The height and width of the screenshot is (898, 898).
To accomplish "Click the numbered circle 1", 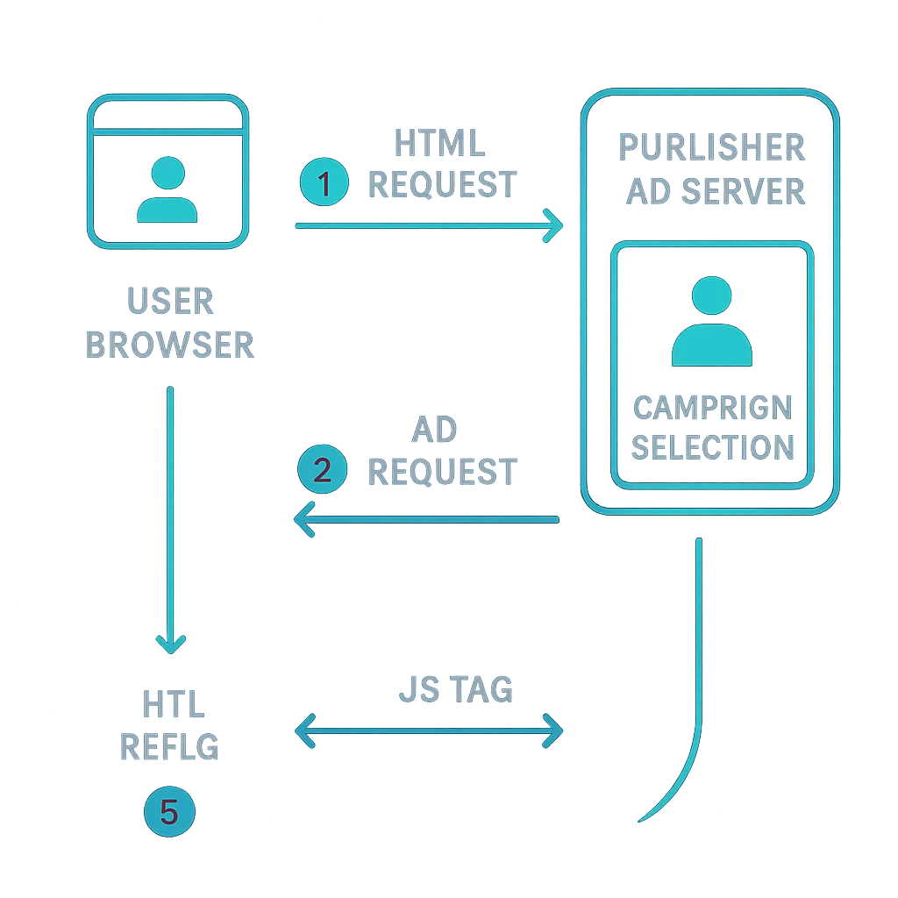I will point(324,184).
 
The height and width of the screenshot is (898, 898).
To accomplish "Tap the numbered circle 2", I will point(322,471).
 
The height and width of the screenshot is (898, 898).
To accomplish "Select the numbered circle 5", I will point(168,812).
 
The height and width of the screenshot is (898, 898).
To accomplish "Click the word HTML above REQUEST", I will point(439,144).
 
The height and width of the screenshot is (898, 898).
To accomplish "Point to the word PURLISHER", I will point(711,146).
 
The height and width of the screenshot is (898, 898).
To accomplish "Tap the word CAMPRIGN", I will point(712,408).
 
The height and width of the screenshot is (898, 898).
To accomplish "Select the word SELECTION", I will point(712,447).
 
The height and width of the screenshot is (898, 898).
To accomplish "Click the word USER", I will point(170,302).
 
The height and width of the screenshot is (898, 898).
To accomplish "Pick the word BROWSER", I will point(170,345).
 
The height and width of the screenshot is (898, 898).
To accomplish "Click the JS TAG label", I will point(456,690).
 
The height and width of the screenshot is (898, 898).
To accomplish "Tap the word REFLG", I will point(169,747).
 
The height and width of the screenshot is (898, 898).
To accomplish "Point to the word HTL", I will point(173,703).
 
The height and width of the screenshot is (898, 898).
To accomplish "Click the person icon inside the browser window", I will point(167,189).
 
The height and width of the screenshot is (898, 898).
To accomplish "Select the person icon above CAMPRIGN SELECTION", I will point(711,322).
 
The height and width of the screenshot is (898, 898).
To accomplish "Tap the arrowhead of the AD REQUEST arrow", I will point(302,519).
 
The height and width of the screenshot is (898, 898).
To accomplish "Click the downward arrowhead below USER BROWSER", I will point(170,645).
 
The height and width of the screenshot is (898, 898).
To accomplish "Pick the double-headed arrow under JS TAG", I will point(430,731).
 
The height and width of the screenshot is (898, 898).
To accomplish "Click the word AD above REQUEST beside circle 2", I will point(434,430).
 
